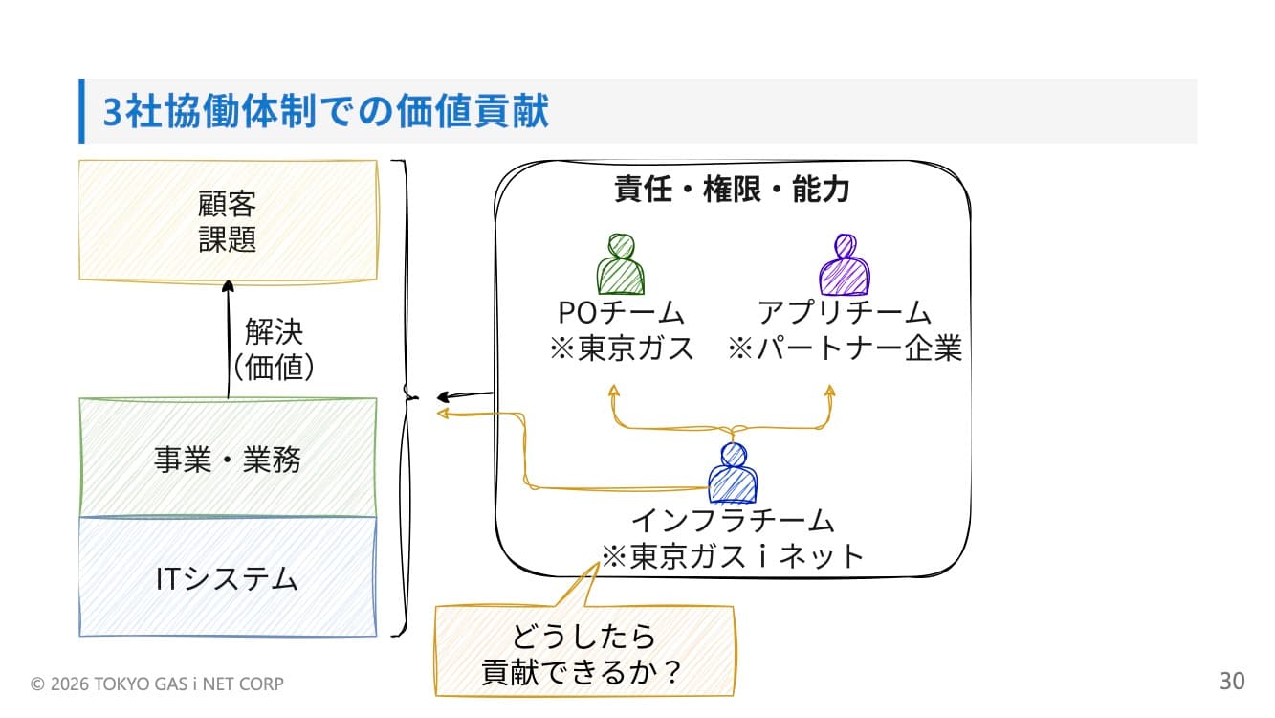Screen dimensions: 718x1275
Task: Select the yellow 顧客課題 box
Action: pyautogui.click(x=228, y=221)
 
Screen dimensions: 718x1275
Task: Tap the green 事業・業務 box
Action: pyautogui.click(x=228, y=460)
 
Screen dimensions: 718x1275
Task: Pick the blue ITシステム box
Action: pyautogui.click(x=228, y=578)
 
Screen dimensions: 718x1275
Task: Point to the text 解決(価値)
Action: pyautogui.click(x=275, y=349)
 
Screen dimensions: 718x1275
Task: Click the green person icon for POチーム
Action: pyautogui.click(x=620, y=264)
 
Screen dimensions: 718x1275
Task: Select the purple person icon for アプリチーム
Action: pyautogui.click(x=845, y=264)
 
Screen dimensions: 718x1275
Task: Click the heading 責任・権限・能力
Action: pyautogui.click(x=732, y=190)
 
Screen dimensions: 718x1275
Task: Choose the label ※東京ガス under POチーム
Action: pyautogui.click(x=621, y=348)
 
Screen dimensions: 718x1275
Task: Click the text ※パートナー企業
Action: pyautogui.click(x=845, y=348)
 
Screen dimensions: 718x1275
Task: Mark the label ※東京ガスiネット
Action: pyautogui.click(x=733, y=555)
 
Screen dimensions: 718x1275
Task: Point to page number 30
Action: pyautogui.click(x=1232, y=682)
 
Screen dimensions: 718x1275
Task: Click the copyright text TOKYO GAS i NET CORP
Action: pyautogui.click(x=158, y=684)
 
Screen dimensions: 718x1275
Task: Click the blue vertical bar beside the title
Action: pyautogui.click(x=82, y=111)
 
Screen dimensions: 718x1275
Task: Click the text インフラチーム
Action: pyautogui.click(x=733, y=521)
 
